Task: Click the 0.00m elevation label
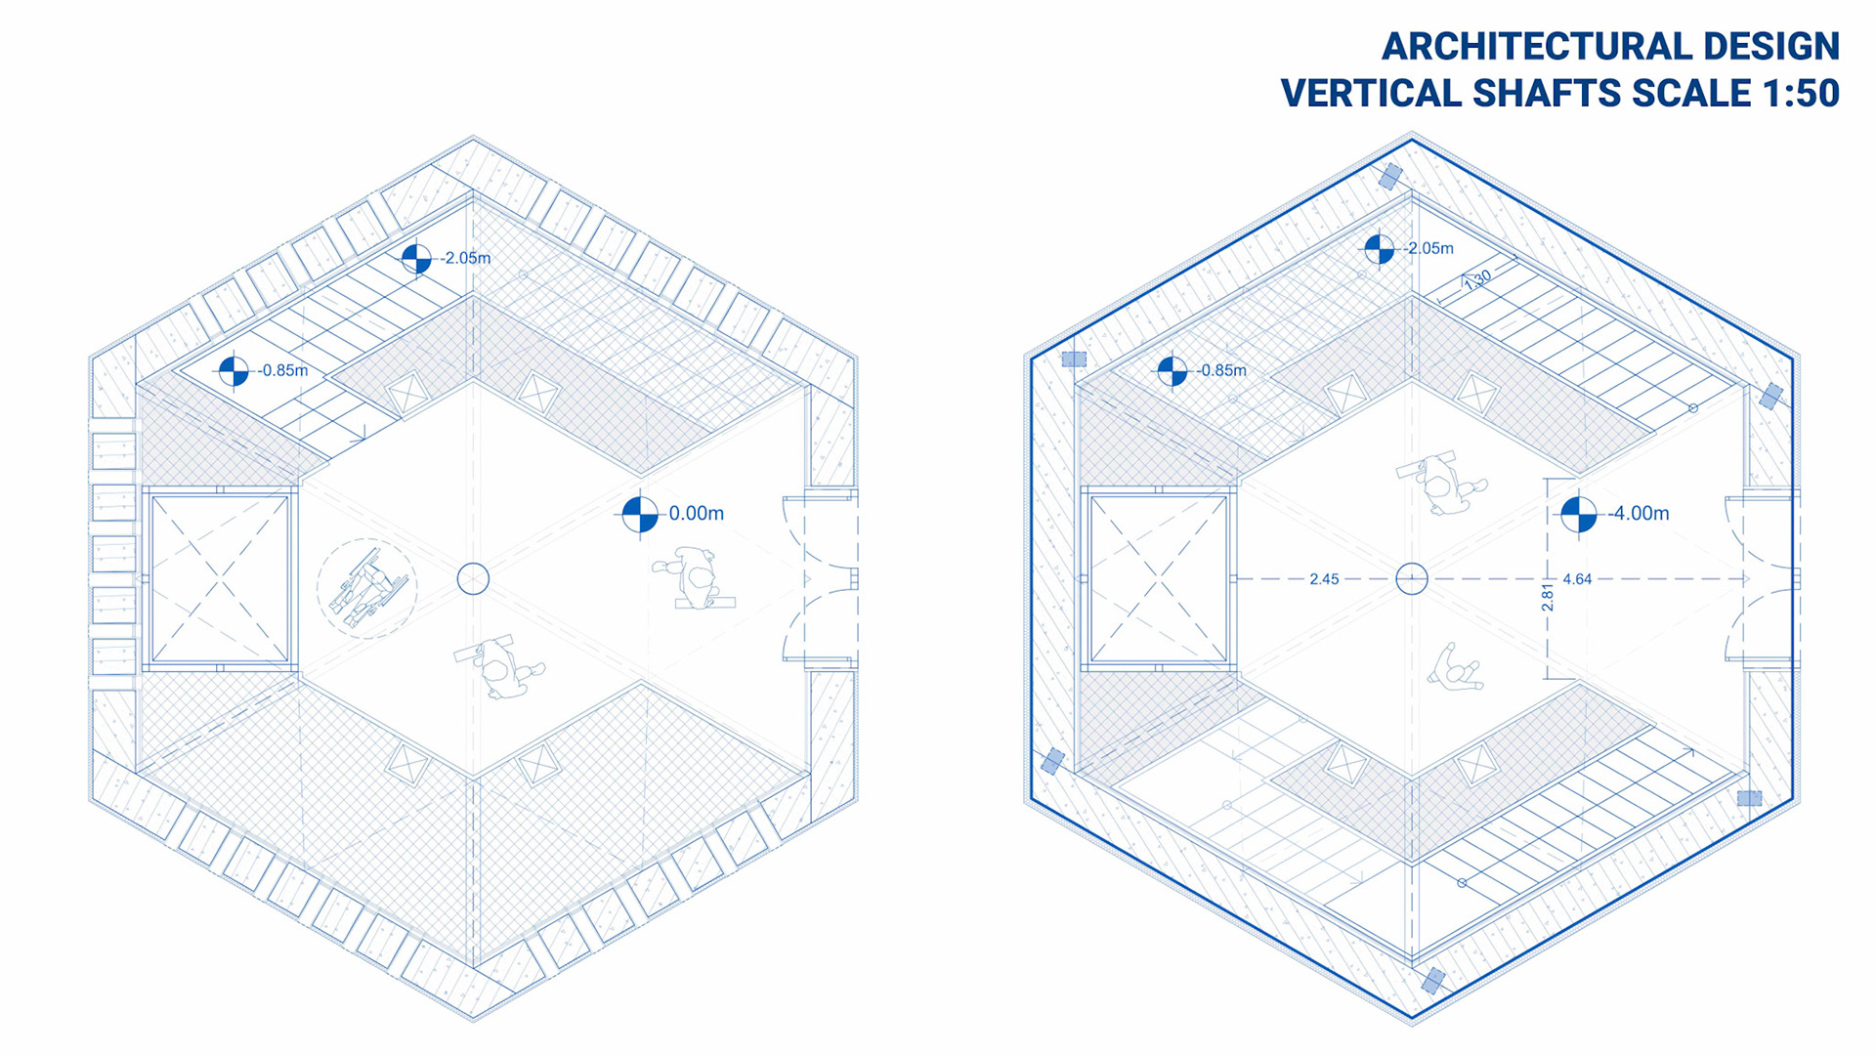pos(696,514)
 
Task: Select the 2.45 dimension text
pos(1324,579)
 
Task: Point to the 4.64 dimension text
pos(1577,579)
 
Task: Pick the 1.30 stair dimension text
pos(1477,279)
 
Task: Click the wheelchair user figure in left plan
pos(366,589)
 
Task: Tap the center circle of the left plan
pos(473,579)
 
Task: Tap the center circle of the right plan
pos(1412,579)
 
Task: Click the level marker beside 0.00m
pos(640,514)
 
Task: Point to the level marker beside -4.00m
pos(1578,514)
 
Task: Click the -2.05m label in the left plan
pos(465,258)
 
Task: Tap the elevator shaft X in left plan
pos(220,579)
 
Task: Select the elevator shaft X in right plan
pos(1159,579)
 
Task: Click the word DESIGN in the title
pos(1770,47)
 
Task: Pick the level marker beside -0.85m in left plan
pos(234,371)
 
